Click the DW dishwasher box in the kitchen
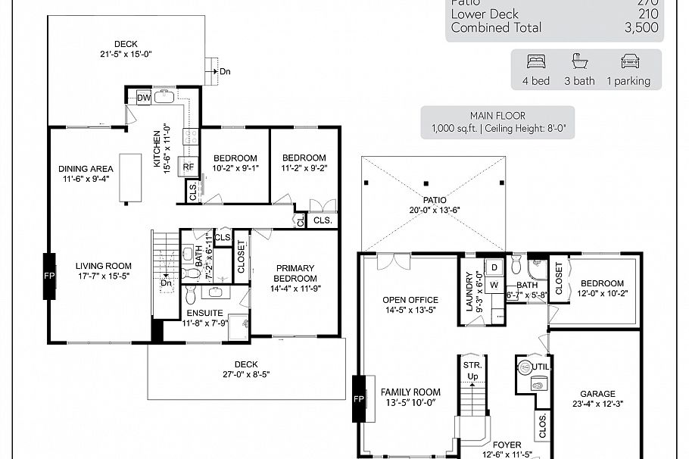(x=144, y=97)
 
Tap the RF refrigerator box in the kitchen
(x=186, y=167)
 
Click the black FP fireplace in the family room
(x=360, y=398)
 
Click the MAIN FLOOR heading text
(x=497, y=116)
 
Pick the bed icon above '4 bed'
(x=536, y=61)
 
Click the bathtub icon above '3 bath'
(x=579, y=61)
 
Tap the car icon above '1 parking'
(x=630, y=61)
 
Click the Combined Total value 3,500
(x=641, y=27)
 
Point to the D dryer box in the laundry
(x=494, y=267)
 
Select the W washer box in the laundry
(x=494, y=285)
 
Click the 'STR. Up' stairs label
(x=472, y=370)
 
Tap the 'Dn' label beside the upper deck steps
(x=226, y=72)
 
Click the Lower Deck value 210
(x=647, y=14)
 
